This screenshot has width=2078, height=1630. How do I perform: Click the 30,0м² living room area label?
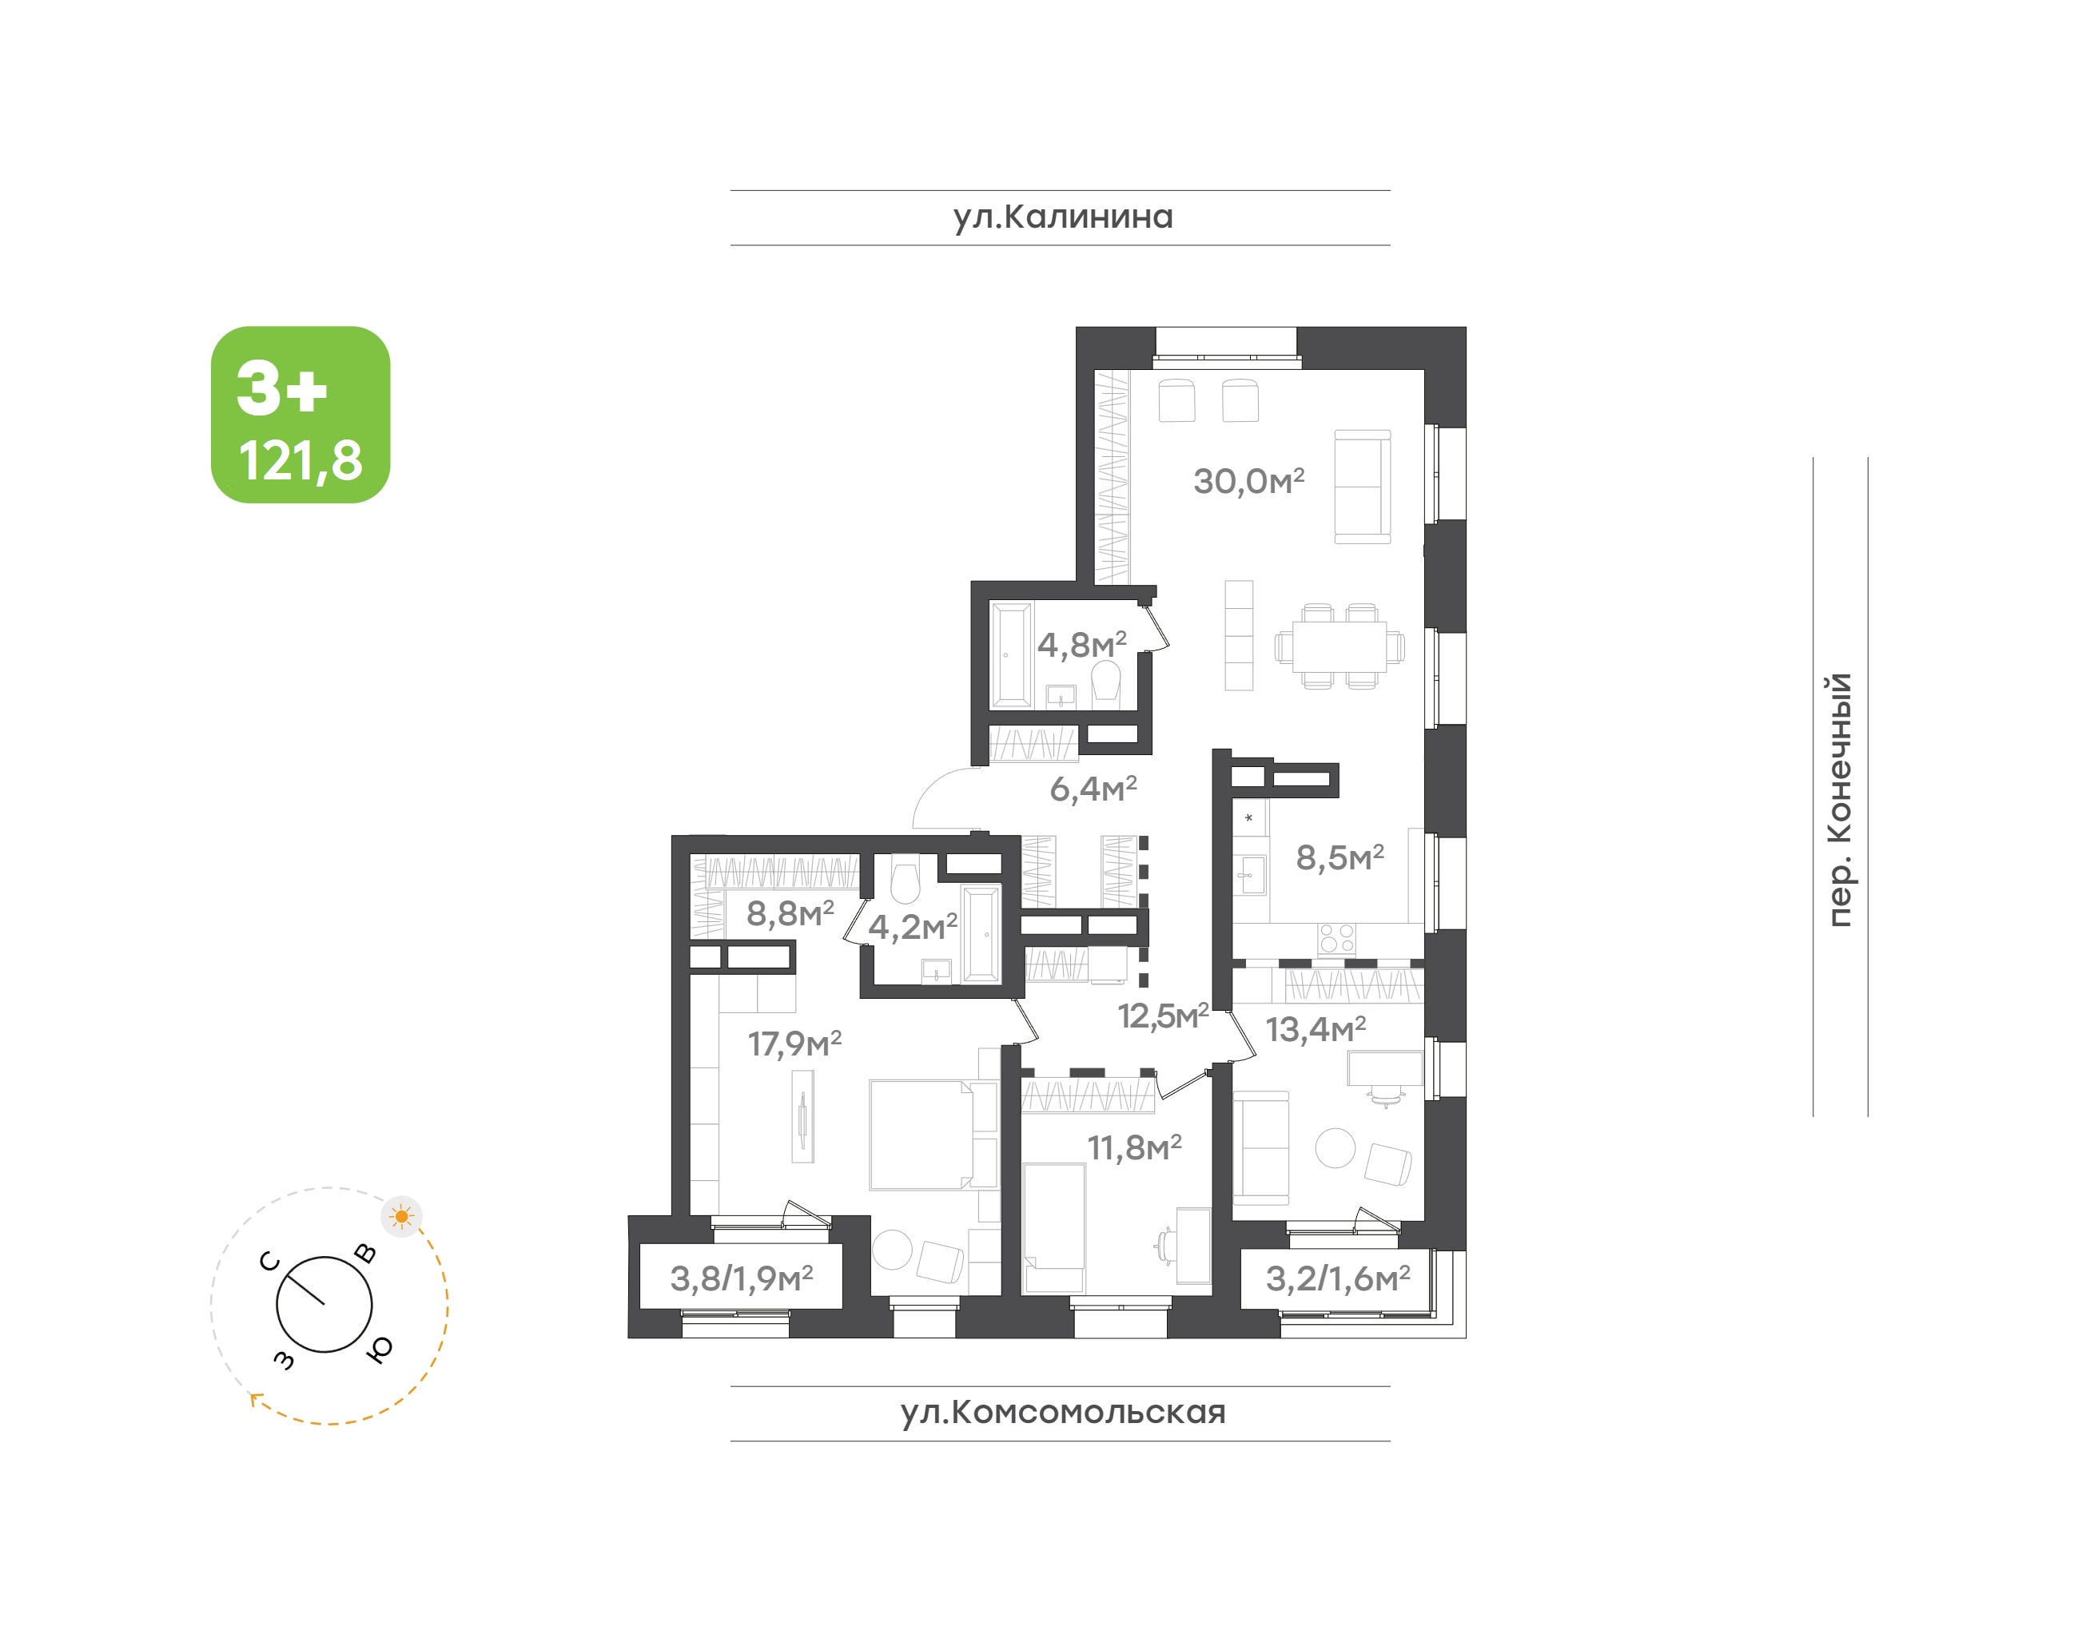click(x=1248, y=481)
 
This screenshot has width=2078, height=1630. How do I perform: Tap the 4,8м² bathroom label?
click(x=1081, y=645)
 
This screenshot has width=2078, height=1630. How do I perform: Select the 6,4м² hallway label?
click(x=1093, y=789)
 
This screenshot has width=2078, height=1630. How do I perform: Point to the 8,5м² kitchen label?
click(x=1340, y=858)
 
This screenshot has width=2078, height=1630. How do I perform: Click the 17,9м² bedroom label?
click(x=794, y=1043)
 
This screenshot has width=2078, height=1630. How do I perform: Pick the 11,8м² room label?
click(x=1134, y=1147)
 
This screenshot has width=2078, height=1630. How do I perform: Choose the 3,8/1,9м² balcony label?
click(x=741, y=1278)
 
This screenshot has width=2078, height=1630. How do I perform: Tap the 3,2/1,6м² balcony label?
click(x=1337, y=1278)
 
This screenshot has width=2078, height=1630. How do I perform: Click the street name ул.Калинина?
click(x=1062, y=217)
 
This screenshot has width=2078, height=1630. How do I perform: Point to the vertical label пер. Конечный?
click(x=1838, y=800)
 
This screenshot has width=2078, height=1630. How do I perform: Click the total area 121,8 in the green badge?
click(x=301, y=461)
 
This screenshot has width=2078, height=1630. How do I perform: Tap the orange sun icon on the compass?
click(x=402, y=1217)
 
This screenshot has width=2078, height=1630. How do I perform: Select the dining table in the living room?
click(x=1340, y=646)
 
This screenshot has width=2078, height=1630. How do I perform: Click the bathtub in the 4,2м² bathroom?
click(x=981, y=933)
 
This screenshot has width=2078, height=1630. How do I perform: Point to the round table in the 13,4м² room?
click(x=1335, y=1148)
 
